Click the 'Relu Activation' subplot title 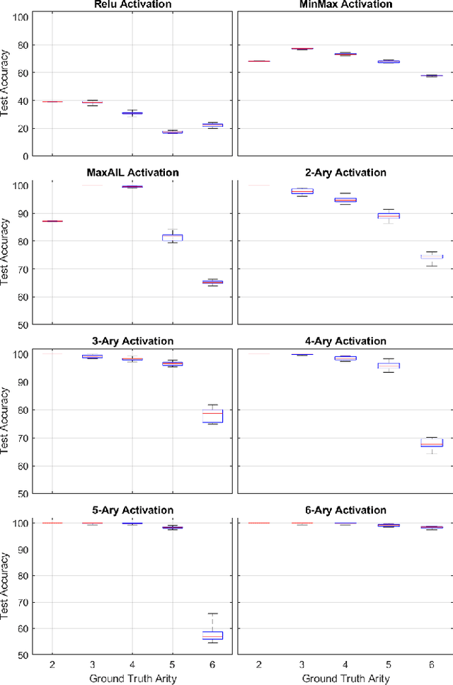click(132, 5)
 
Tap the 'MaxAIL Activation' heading click(132, 172)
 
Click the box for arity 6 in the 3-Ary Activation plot click(212, 416)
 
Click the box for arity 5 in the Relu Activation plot click(172, 132)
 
